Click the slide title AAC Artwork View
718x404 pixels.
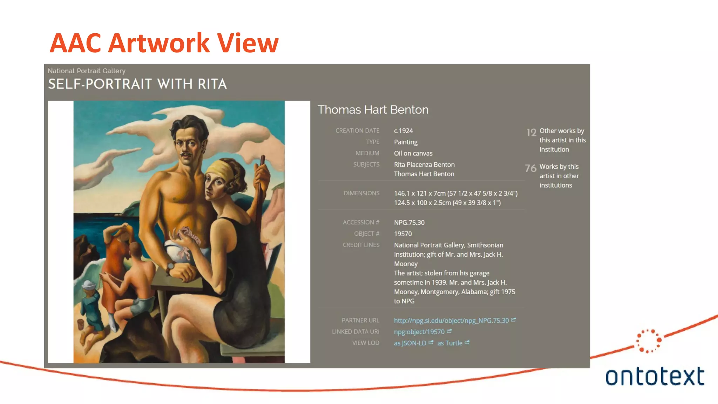point(164,43)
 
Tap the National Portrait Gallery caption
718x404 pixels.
point(87,71)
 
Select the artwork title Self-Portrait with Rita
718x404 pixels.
point(137,84)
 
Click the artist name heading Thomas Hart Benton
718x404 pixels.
point(373,110)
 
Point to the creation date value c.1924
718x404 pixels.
point(403,131)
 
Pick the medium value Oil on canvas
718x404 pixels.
point(413,153)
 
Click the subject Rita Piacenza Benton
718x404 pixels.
point(424,164)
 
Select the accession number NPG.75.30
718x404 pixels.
point(409,222)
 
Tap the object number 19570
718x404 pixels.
point(403,234)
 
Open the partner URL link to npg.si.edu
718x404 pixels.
point(451,321)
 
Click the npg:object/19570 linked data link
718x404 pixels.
point(419,332)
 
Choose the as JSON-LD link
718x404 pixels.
point(410,343)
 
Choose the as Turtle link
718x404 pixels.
point(450,343)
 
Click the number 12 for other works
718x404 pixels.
point(531,133)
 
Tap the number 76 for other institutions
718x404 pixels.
point(530,168)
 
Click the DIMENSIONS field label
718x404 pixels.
point(361,193)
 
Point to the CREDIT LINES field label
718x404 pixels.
point(361,245)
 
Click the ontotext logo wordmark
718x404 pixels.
point(655,376)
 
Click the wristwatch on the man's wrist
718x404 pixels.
point(170,266)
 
